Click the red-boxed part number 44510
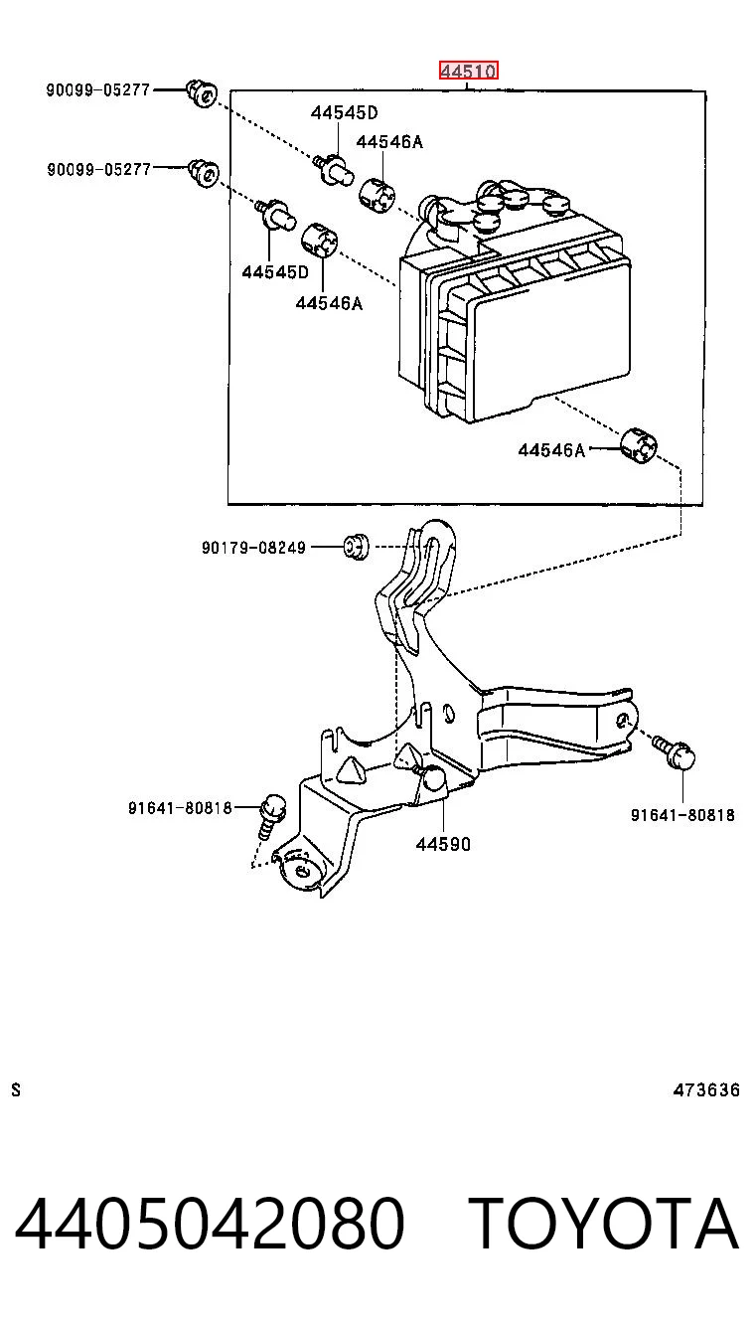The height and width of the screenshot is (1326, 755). point(468,71)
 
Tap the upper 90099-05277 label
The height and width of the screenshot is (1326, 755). point(98,90)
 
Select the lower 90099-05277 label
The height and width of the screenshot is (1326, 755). point(99,169)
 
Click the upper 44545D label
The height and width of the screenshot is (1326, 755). point(345,112)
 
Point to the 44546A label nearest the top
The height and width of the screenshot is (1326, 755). point(389,141)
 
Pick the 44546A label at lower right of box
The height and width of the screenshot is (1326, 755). point(551,450)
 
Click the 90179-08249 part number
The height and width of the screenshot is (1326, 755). point(254,548)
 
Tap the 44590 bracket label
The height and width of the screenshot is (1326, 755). point(443,844)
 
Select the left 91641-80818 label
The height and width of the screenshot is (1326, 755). point(180,807)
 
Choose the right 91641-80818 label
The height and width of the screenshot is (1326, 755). point(682,815)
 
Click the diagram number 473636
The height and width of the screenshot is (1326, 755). point(706,1089)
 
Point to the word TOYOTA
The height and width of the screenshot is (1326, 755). point(604,1224)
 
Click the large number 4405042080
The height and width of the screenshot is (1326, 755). point(210,1224)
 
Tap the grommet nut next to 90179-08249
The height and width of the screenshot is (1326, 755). point(357,547)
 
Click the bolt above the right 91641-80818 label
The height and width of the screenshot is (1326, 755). point(675,751)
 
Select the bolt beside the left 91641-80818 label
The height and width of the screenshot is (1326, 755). point(271,816)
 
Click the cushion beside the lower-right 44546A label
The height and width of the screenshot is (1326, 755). point(639,445)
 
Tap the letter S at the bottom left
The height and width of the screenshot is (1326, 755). point(16,1089)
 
